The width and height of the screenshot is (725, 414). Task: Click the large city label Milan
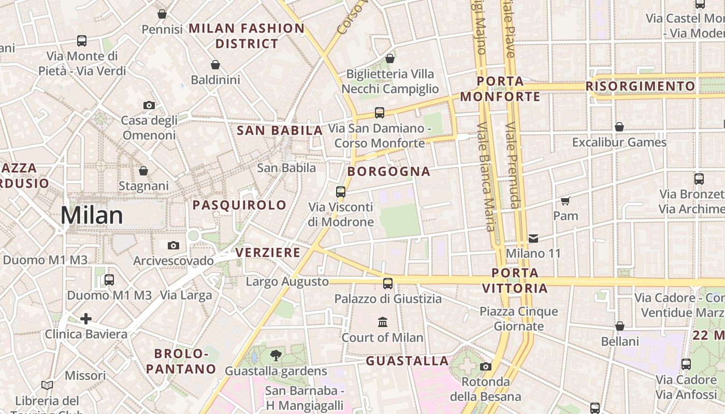click(x=92, y=215)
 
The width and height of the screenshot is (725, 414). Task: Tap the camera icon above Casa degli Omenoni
click(x=149, y=105)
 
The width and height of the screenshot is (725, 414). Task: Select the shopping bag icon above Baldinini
click(x=215, y=65)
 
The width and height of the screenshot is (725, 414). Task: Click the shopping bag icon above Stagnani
click(x=143, y=170)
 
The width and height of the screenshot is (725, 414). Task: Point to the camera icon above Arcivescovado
click(x=173, y=245)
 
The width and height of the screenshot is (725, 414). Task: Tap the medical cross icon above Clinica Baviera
click(x=86, y=319)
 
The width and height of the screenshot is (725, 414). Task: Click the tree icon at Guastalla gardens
click(x=276, y=355)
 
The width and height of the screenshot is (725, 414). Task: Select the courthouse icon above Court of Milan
click(x=383, y=322)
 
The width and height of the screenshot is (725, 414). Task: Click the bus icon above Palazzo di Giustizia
click(x=388, y=283)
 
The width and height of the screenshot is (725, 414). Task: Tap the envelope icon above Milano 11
click(x=533, y=239)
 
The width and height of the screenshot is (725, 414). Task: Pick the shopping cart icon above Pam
click(x=565, y=200)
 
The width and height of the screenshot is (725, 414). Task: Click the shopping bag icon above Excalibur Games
click(x=619, y=127)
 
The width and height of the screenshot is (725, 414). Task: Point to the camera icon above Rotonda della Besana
click(x=485, y=367)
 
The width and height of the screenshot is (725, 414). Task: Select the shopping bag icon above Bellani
click(x=620, y=326)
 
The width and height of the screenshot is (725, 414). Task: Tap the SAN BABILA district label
click(x=280, y=130)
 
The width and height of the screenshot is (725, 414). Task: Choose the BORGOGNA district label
click(x=389, y=172)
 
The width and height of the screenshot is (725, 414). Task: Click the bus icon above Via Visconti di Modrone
click(x=341, y=191)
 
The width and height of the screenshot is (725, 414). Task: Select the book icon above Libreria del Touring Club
click(x=47, y=385)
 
